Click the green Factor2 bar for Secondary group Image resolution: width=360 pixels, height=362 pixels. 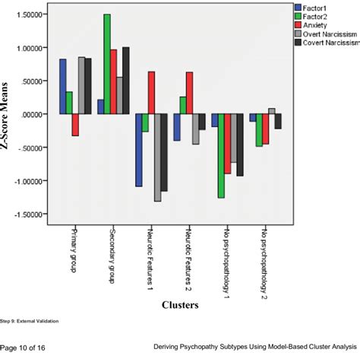tap(107, 64)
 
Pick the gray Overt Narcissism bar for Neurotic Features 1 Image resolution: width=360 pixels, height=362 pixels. tap(158, 157)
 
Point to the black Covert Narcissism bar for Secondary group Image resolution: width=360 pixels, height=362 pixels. tap(126, 81)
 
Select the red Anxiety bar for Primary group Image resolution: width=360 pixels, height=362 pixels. tap(75, 125)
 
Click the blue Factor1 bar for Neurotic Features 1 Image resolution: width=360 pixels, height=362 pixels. tap(139, 150)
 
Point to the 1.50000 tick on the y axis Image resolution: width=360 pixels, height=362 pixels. tap(30, 14)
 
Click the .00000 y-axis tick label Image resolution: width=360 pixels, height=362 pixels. tap(31, 114)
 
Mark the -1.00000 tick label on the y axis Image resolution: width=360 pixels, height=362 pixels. tap(28, 181)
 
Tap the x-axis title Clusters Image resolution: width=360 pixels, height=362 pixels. tap(181, 305)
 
